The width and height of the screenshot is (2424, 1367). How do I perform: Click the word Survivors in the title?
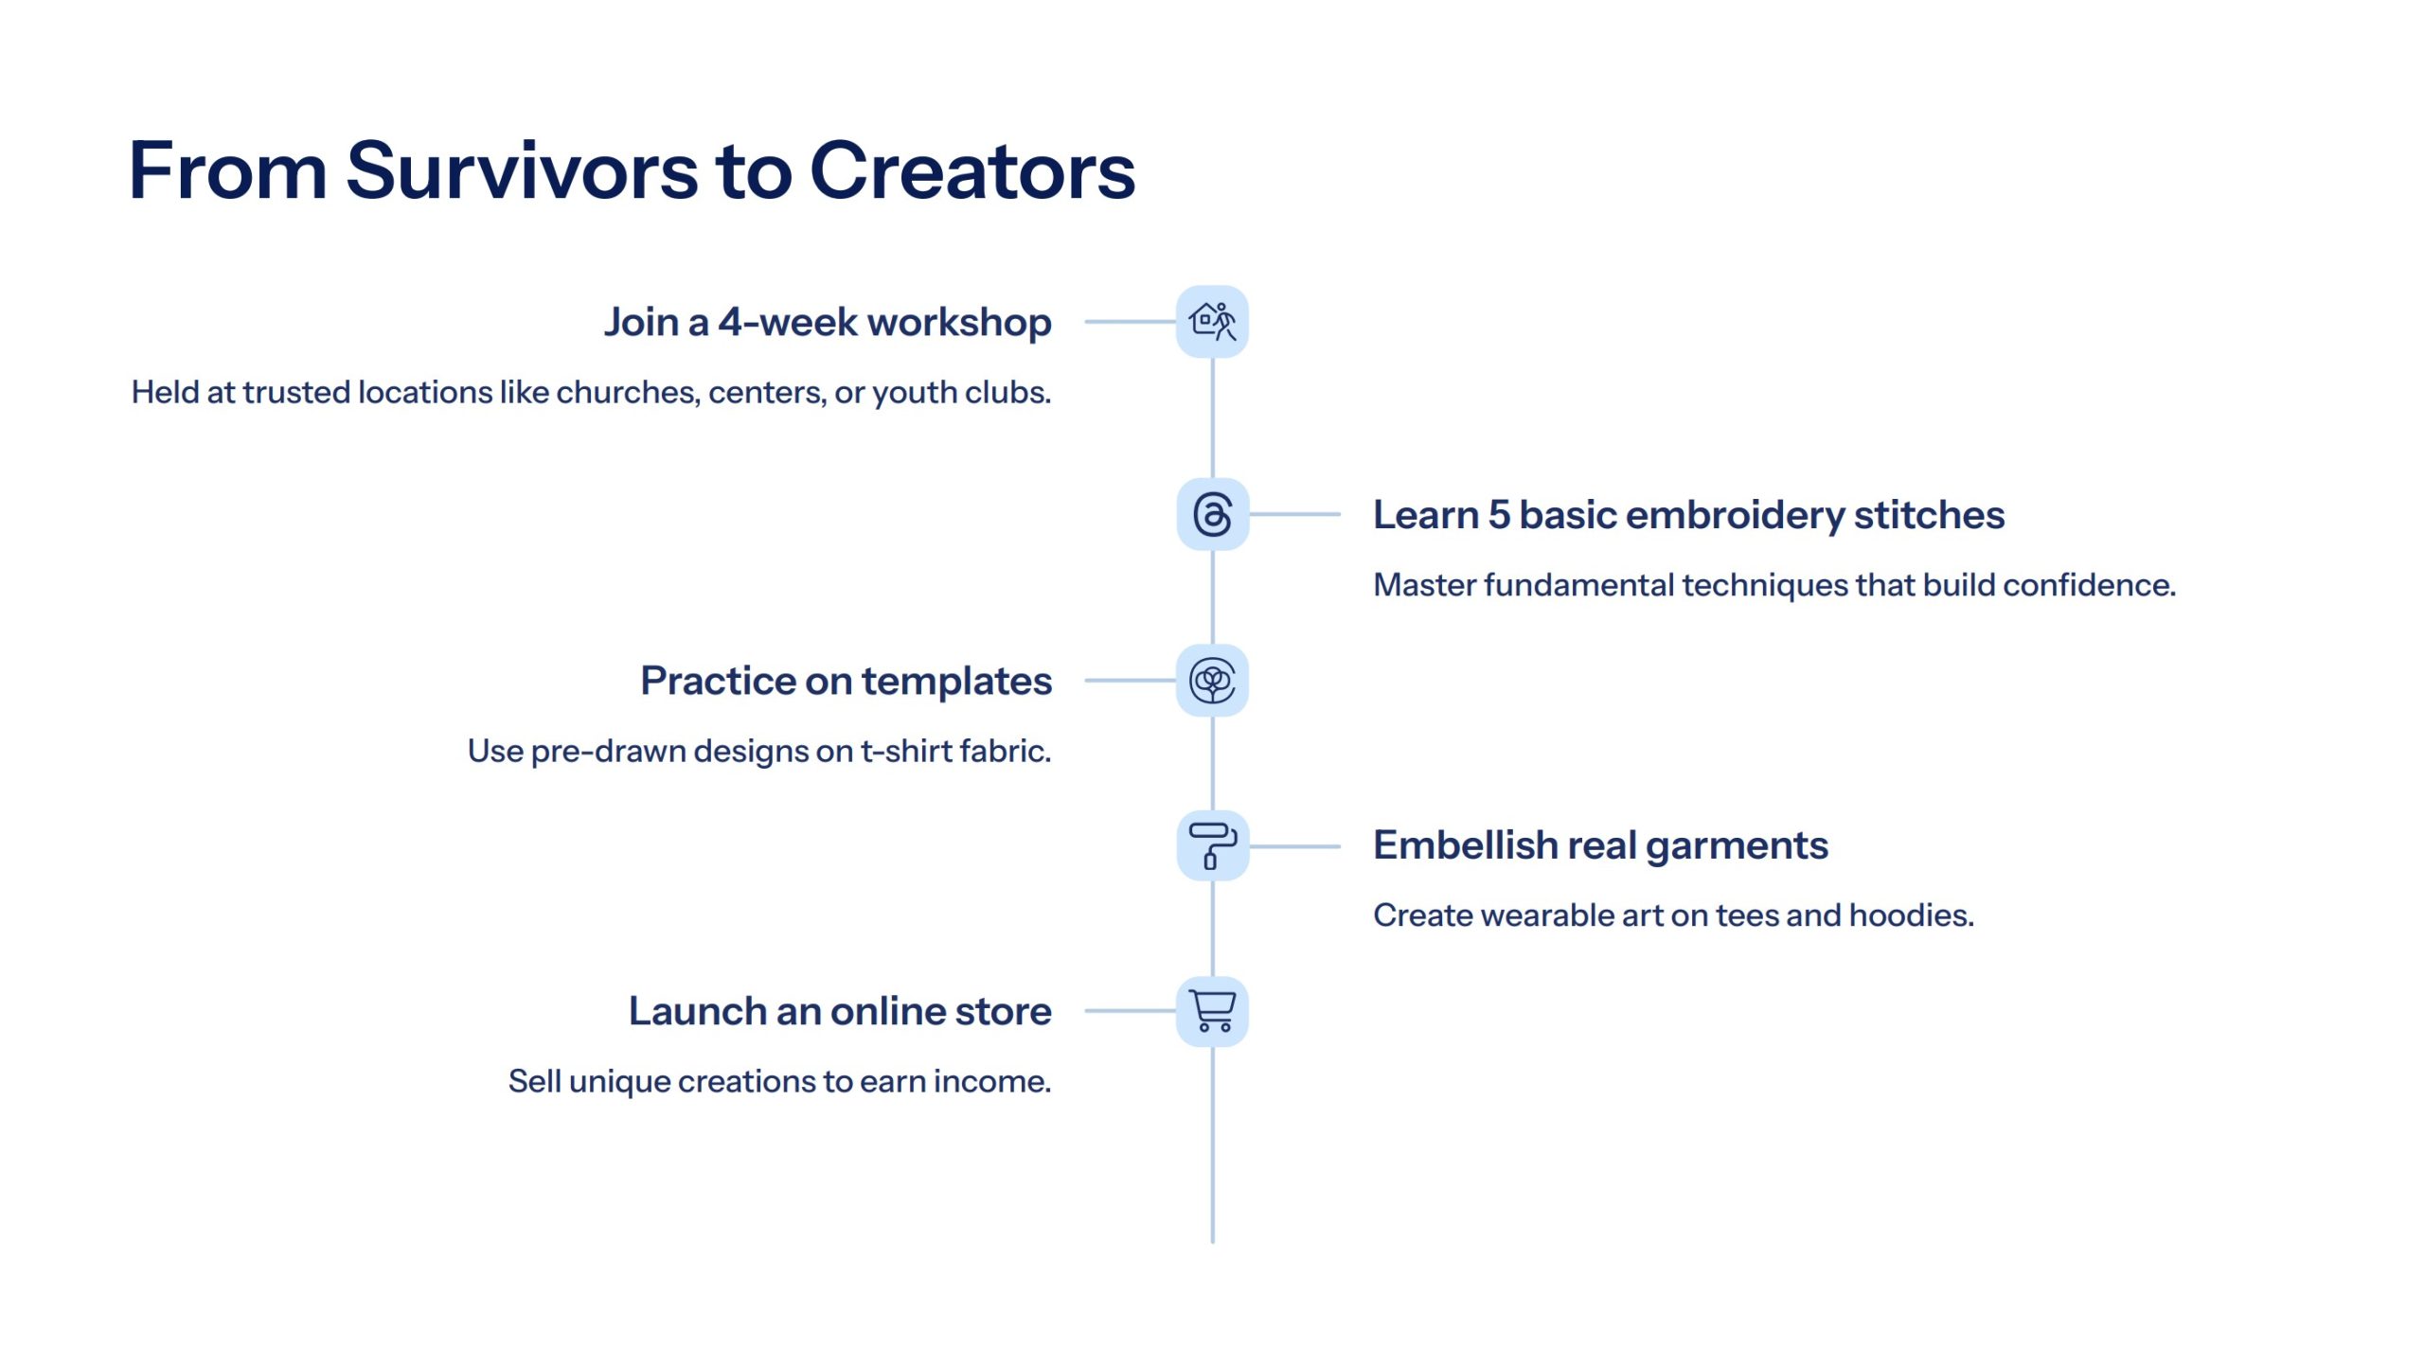coord(522,171)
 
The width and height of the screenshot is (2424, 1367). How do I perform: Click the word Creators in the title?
coord(972,171)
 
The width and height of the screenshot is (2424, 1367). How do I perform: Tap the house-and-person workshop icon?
coord(1212,322)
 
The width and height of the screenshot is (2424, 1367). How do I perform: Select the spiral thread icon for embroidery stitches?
coord(1213,514)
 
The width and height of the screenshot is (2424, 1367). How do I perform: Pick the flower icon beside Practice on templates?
coord(1212,681)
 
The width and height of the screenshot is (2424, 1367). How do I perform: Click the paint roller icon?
coord(1213,845)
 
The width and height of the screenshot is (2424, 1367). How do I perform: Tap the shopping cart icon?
coord(1212,1011)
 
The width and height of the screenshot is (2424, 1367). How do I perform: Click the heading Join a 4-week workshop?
coord(828,323)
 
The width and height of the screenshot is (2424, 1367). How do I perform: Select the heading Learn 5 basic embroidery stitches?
coord(1688,516)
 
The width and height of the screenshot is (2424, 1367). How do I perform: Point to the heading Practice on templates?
coord(847,682)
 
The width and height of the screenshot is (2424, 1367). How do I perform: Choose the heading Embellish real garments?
coord(1600,846)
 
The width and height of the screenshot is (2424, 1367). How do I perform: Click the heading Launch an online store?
coord(840,1011)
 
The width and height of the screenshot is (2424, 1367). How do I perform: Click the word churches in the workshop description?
coord(628,392)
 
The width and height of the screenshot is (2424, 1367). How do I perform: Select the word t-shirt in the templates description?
coord(904,751)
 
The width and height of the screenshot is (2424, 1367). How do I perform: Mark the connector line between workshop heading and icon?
coord(1131,322)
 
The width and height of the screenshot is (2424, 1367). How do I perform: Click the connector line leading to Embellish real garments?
coord(1294,845)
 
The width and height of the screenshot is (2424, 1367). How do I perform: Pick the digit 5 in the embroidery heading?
coord(1499,515)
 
